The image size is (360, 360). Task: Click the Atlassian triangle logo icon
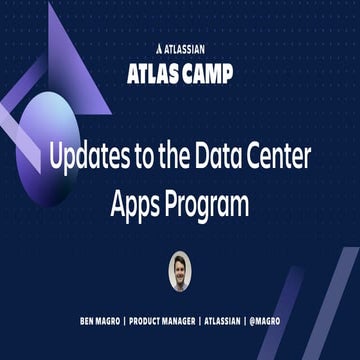click(x=161, y=46)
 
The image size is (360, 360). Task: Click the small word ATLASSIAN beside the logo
click(x=187, y=46)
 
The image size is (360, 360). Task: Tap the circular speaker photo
click(x=179, y=269)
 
